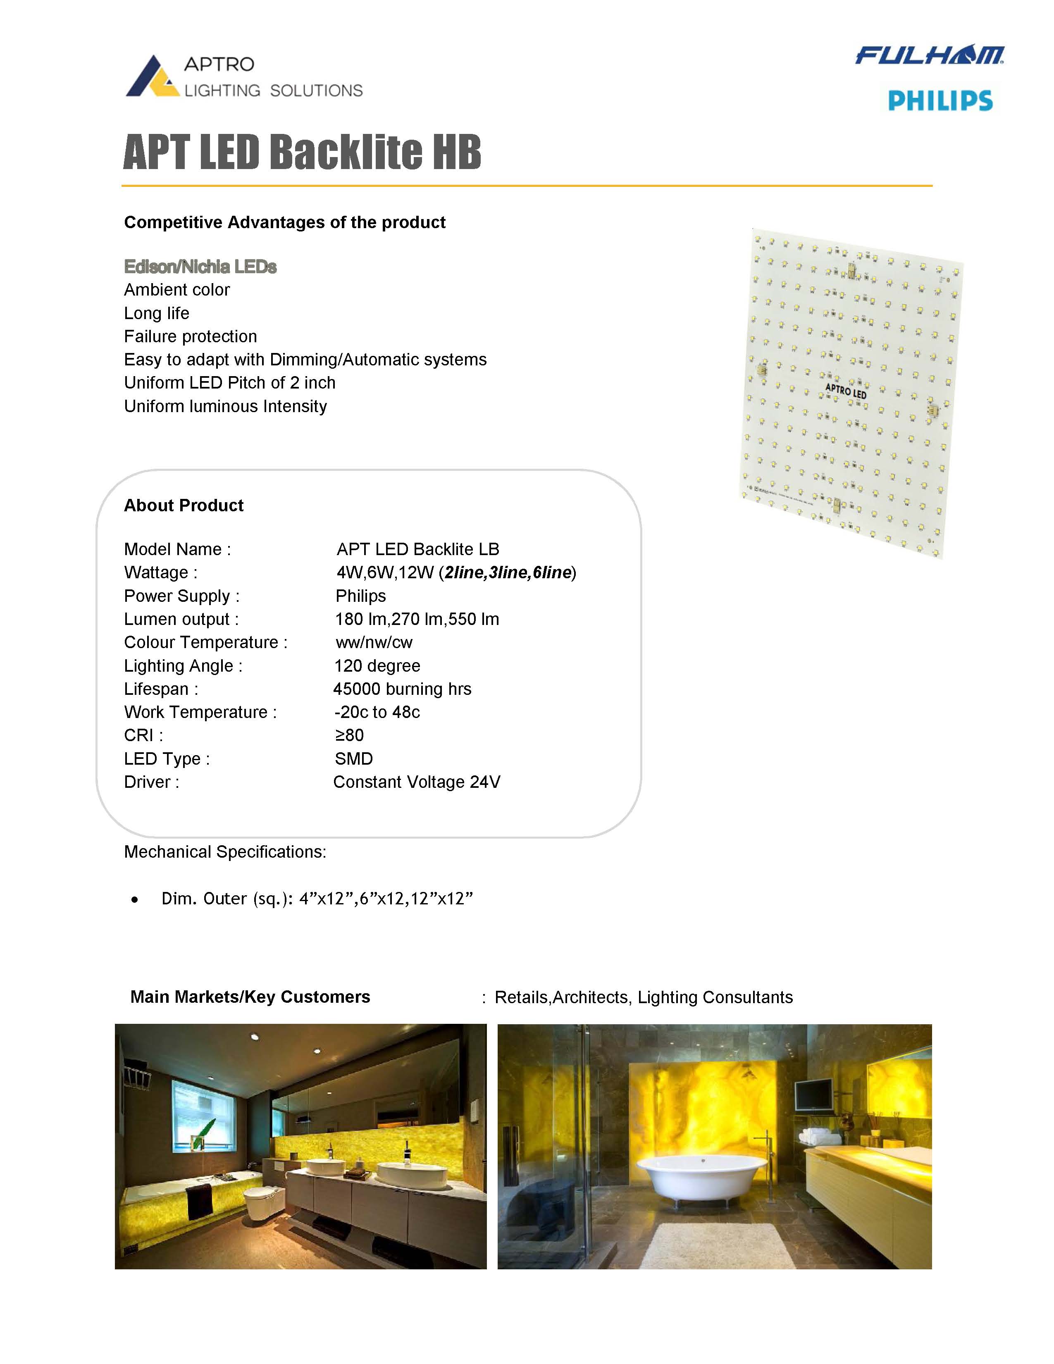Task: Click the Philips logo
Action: click(x=940, y=100)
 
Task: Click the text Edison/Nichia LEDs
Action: click(x=200, y=267)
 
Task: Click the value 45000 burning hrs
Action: click(x=402, y=689)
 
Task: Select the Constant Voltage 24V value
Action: click(x=417, y=782)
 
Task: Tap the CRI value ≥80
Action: click(x=349, y=735)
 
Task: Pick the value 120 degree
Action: click(x=377, y=666)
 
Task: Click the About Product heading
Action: click(x=184, y=505)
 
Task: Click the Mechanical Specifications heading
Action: click(x=225, y=852)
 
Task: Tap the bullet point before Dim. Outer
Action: click(x=135, y=900)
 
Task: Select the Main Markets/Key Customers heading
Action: click(x=250, y=997)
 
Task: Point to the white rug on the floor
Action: click(x=718, y=1243)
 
